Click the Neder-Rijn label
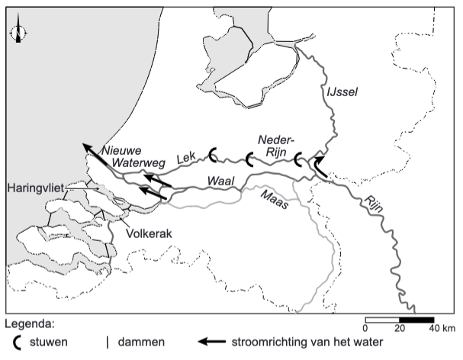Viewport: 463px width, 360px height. tap(273, 146)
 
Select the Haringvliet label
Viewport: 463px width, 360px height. tap(37, 187)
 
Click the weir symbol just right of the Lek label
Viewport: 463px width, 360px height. tap(214, 156)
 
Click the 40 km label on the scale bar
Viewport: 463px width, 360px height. tap(441, 329)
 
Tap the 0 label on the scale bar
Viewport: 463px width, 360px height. tap(365, 329)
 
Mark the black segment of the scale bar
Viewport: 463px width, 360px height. tap(416, 319)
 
